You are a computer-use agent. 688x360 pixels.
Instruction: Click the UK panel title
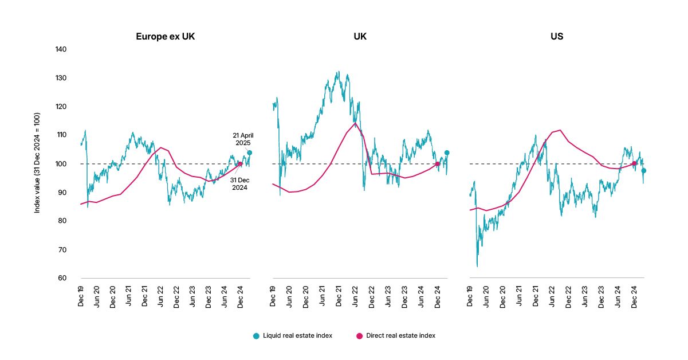360,37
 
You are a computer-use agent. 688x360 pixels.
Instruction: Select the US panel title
556,37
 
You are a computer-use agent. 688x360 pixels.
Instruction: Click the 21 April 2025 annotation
243,139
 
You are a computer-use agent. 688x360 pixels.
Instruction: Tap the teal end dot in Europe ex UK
250,153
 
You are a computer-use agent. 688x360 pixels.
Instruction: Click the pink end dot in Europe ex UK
240,164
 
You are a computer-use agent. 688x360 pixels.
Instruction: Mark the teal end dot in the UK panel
447,153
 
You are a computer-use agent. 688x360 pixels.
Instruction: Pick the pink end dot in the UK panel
438,164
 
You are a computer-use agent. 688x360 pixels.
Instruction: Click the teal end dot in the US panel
644,171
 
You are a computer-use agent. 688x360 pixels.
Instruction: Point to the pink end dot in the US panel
634,163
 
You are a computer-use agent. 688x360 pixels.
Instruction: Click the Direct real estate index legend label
400,336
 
